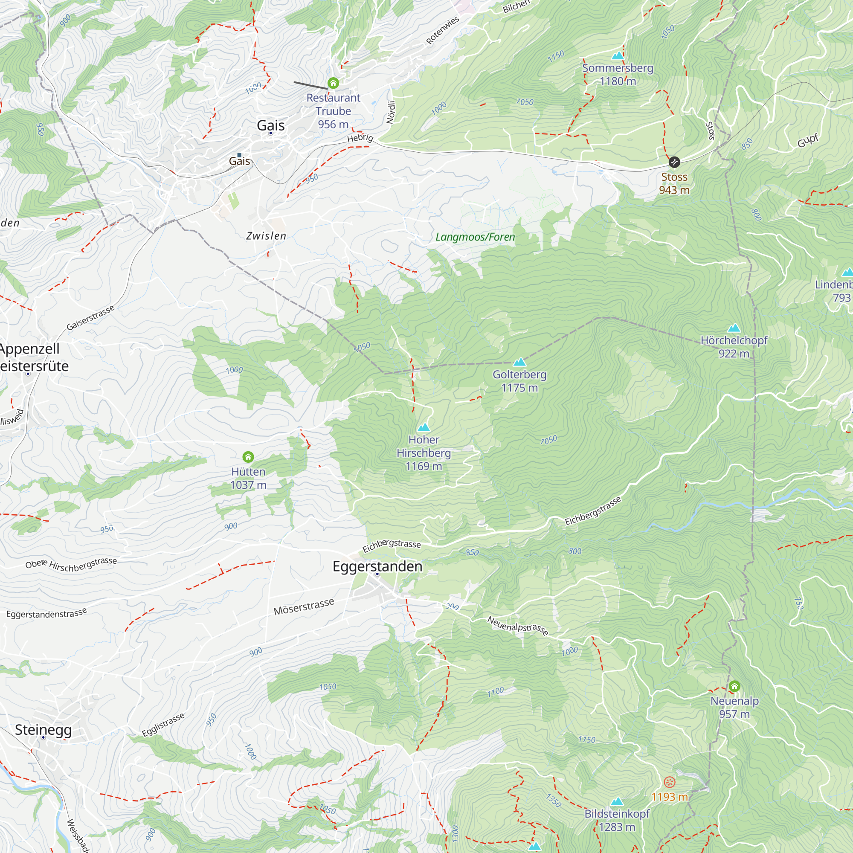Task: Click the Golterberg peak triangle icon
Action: point(519,363)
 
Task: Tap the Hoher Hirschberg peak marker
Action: point(424,427)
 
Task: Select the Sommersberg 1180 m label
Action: point(617,75)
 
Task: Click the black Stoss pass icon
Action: point(674,162)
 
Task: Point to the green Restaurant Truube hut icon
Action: point(333,83)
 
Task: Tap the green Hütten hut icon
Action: point(248,457)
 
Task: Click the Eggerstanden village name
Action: point(377,566)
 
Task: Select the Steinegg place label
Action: point(43,730)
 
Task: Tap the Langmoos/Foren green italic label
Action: point(475,237)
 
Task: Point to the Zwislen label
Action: point(266,236)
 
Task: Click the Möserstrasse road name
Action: point(304,607)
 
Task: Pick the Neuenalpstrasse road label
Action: point(517,626)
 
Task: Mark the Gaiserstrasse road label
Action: point(90,317)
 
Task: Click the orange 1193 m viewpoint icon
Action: point(669,782)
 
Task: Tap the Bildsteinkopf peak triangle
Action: point(616,801)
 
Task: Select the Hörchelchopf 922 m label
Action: point(734,347)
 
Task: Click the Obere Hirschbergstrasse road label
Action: point(71,565)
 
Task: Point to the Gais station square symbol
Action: point(239,155)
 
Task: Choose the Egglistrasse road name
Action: point(163,725)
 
